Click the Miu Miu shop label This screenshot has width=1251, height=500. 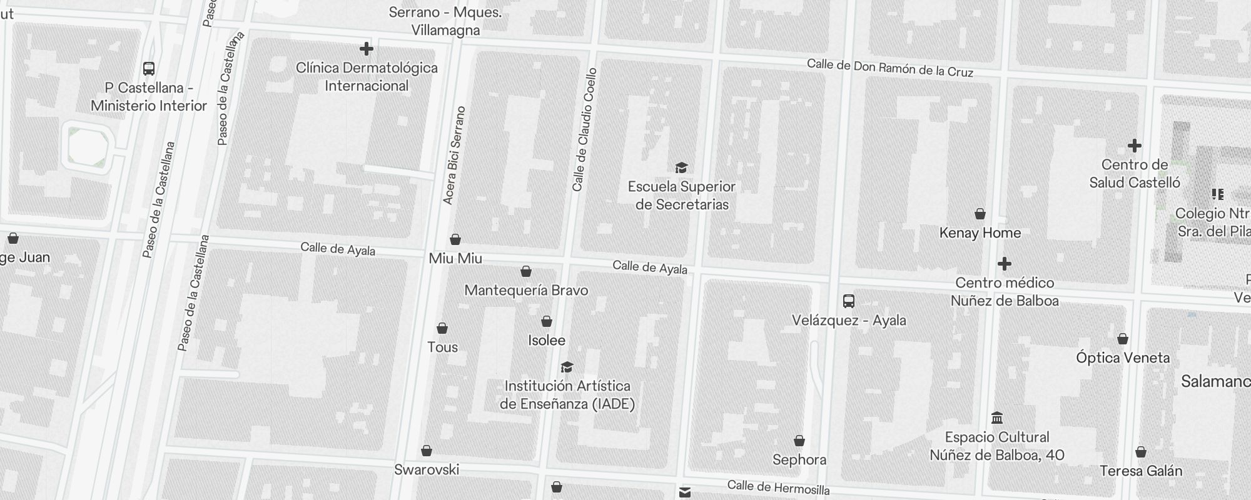[x=455, y=258]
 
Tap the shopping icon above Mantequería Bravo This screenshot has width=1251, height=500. [x=526, y=271]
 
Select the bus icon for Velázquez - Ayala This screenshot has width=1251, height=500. [x=849, y=301]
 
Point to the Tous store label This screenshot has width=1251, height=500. [x=442, y=347]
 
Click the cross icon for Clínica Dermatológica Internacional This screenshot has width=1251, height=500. [x=367, y=49]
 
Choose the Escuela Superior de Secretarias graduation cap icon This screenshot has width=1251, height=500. [x=681, y=167]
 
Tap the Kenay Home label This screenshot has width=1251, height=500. [x=980, y=233]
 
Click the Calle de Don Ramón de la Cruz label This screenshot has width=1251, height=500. [x=889, y=67]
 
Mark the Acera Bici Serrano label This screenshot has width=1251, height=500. [x=454, y=156]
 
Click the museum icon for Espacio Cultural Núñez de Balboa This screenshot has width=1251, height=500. [x=997, y=417]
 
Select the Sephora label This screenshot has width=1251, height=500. [x=799, y=460]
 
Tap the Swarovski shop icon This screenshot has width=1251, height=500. [x=427, y=451]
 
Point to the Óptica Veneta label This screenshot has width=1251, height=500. [x=1122, y=358]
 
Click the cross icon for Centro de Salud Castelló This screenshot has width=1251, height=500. [x=1134, y=146]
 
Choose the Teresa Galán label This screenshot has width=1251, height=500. [x=1140, y=471]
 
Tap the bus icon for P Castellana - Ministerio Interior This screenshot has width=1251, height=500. [x=149, y=69]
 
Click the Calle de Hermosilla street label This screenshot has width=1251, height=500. [x=778, y=487]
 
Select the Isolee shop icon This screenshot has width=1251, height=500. [x=547, y=321]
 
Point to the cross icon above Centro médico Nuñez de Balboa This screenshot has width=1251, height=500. [x=1004, y=264]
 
